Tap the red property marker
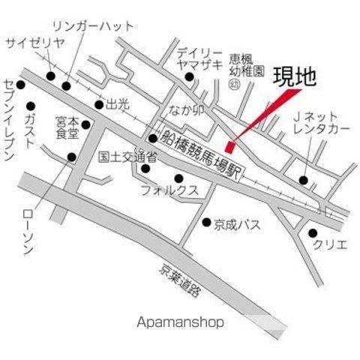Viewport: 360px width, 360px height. pos(229,143)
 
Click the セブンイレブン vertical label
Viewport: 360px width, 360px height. pos(9,120)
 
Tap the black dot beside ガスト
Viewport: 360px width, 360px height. pos(31,105)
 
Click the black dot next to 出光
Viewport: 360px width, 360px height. pos(98,104)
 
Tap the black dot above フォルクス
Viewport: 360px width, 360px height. pos(178,178)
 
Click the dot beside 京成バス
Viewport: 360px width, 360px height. pos(206,222)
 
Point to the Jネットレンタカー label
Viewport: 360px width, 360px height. pos(321,123)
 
